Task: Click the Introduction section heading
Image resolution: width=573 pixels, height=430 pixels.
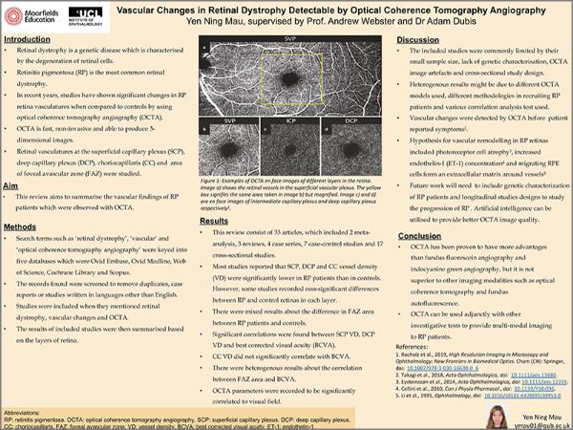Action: [x=28, y=40]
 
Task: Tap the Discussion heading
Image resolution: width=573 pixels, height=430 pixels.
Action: [x=418, y=40]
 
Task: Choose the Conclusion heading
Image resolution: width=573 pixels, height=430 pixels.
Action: [x=419, y=234]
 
